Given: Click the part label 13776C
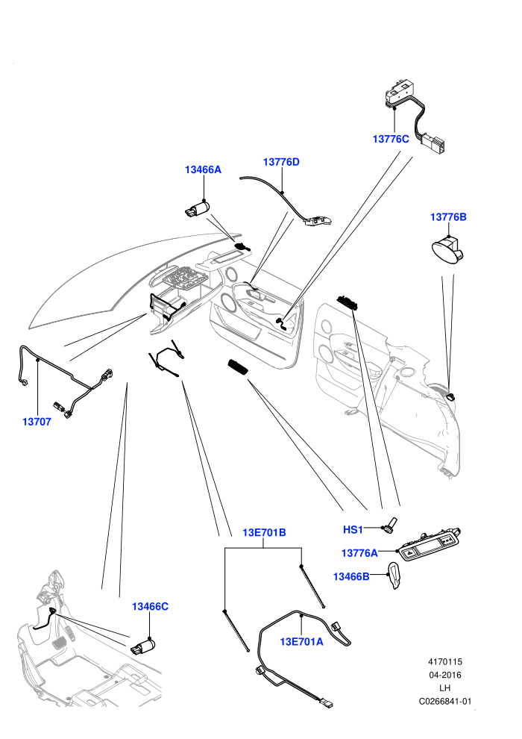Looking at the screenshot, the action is pyautogui.click(x=391, y=139).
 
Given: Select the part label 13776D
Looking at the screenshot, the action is pyautogui.click(x=281, y=162).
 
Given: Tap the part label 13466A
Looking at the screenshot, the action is pyautogui.click(x=203, y=169).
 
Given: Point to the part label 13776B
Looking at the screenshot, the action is pyautogui.click(x=448, y=217).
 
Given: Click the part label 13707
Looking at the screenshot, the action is pyautogui.click(x=37, y=422).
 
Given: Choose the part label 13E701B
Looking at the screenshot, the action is pyautogui.click(x=264, y=532).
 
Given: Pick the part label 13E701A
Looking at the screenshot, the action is pyautogui.click(x=302, y=641).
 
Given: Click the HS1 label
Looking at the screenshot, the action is pyautogui.click(x=353, y=530).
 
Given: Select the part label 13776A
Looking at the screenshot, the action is pyautogui.click(x=359, y=553).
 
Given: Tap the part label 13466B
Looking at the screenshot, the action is pyautogui.click(x=351, y=576).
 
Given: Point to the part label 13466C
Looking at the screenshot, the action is pyautogui.click(x=150, y=607).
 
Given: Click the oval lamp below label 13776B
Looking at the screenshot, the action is pyautogui.click(x=447, y=250).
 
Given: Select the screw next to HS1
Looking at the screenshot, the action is pyautogui.click(x=391, y=526).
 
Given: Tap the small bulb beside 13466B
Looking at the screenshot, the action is pyautogui.click(x=394, y=576).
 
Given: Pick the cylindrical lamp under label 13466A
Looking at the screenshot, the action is pyautogui.click(x=197, y=209).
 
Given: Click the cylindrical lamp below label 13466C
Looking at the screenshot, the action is pyautogui.click(x=143, y=646).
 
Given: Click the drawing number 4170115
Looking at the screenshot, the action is pyautogui.click(x=444, y=661).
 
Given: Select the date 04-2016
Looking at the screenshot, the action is pyautogui.click(x=444, y=675).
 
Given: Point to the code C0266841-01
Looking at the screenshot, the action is pyautogui.click(x=444, y=701).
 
